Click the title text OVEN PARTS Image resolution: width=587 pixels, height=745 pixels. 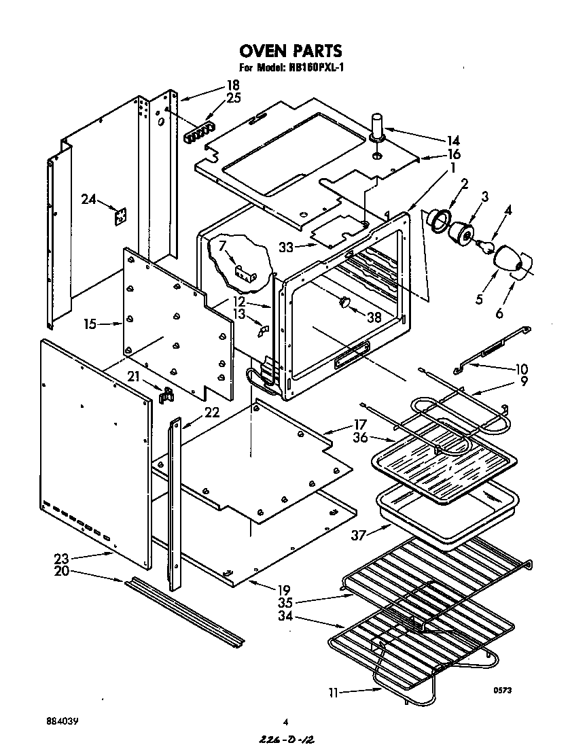click(290, 51)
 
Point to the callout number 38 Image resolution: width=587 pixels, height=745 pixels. click(373, 317)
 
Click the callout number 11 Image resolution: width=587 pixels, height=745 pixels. click(334, 693)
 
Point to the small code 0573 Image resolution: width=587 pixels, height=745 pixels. click(502, 691)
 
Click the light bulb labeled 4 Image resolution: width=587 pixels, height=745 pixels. click(486, 246)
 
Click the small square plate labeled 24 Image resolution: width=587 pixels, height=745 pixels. click(121, 215)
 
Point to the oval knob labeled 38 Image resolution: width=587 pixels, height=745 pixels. click(344, 302)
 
